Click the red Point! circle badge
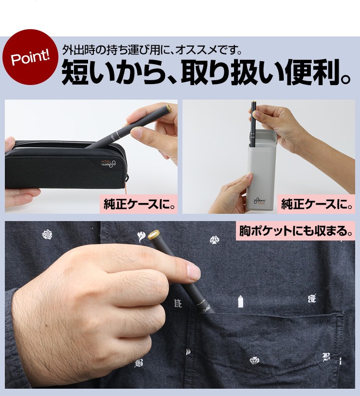[x=30, y=57]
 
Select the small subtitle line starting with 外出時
[x=152, y=50]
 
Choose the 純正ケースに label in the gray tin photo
[x=317, y=204]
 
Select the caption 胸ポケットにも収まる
[x=296, y=231]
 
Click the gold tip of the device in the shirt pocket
[x=154, y=235]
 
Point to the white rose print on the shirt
[x=47, y=235]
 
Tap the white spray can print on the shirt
[x=241, y=302]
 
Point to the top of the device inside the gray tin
[x=253, y=103]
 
